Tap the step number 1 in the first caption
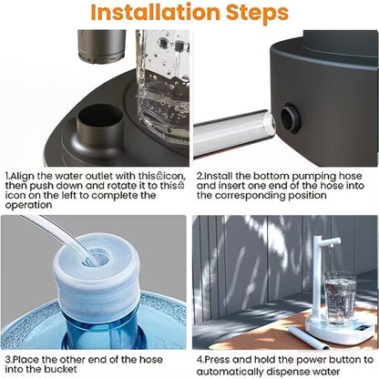click(x=7, y=175)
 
